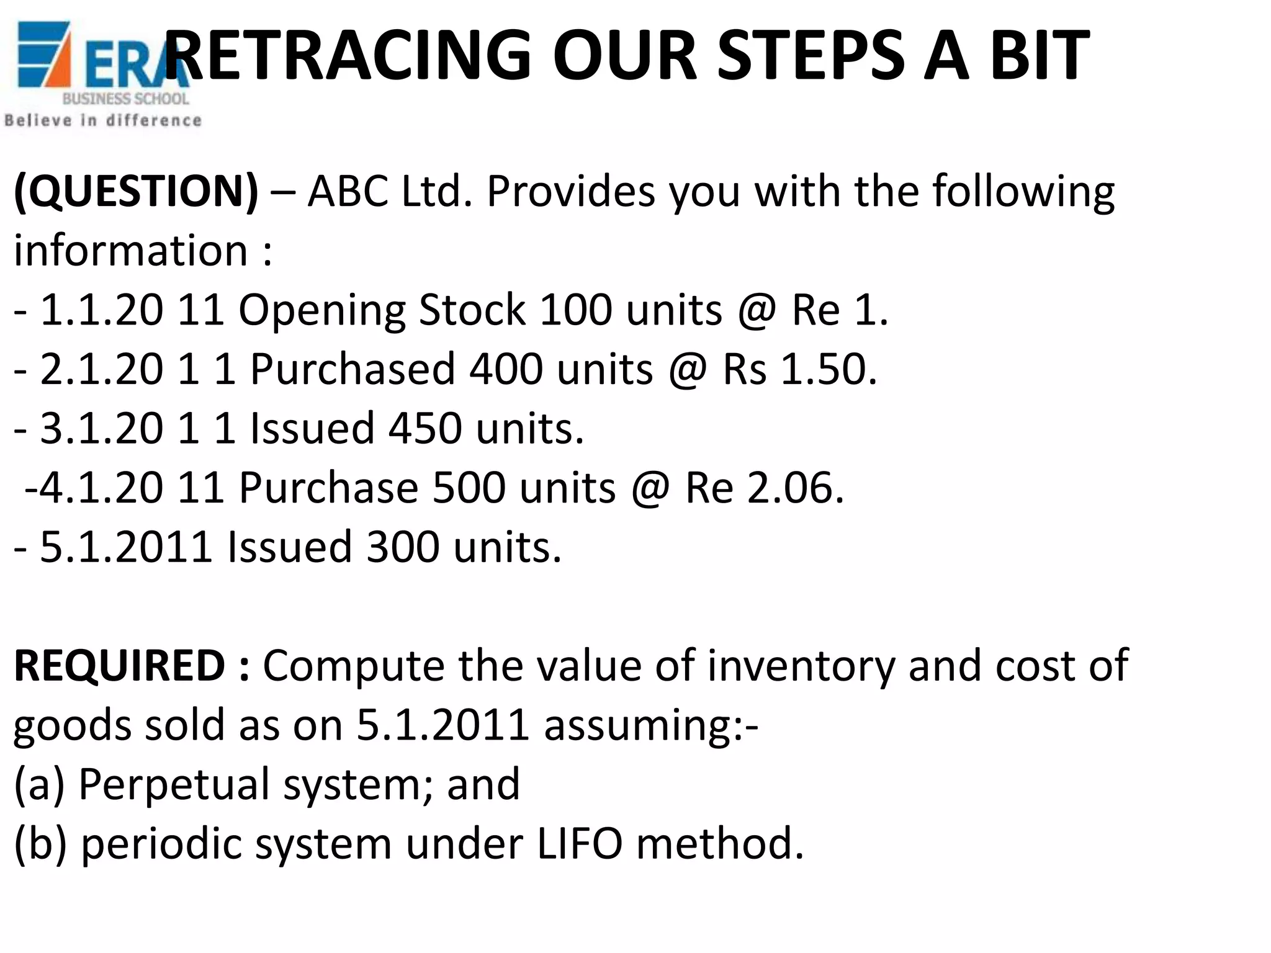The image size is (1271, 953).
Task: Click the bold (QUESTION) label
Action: pyautogui.click(x=135, y=191)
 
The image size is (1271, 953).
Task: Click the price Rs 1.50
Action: pyautogui.click(x=799, y=369)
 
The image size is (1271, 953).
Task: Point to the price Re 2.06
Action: pyautogui.click(x=764, y=488)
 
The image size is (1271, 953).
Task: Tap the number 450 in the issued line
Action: pyautogui.click(x=425, y=428)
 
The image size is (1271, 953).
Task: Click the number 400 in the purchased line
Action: pyautogui.click(x=506, y=369)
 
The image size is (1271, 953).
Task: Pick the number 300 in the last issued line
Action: pyautogui.click(x=403, y=547)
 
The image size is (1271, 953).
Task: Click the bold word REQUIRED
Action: pyautogui.click(x=119, y=666)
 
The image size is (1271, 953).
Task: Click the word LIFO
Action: pyautogui.click(x=579, y=844)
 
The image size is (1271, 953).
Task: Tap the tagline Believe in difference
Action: pyautogui.click(x=103, y=120)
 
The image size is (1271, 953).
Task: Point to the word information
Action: pyautogui.click(x=131, y=251)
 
